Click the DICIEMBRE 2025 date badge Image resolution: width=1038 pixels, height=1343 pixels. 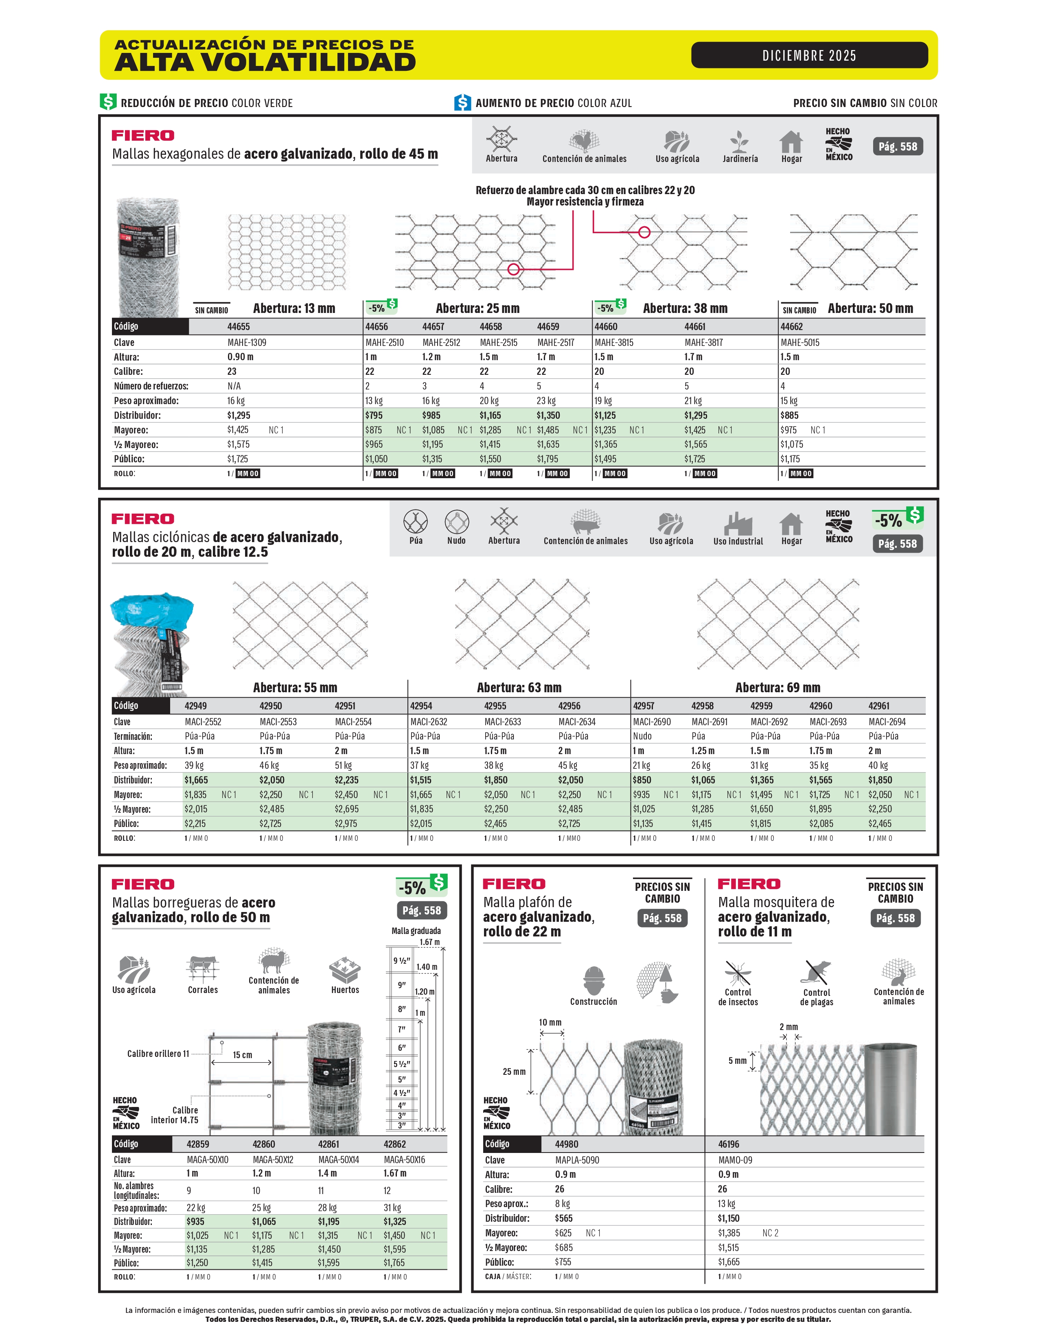(x=809, y=55)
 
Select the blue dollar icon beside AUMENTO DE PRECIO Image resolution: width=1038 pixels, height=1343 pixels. (x=462, y=102)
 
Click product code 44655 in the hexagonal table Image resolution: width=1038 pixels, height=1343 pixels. (x=239, y=326)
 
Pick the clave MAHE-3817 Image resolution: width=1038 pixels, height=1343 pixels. (x=703, y=343)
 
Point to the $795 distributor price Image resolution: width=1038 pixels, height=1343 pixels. (x=374, y=415)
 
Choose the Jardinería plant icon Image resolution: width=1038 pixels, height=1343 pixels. (x=739, y=142)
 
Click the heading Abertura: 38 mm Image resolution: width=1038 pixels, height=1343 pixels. (x=685, y=308)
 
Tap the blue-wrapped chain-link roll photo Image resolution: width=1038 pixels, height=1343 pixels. (x=151, y=643)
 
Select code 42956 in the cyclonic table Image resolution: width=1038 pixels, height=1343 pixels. (x=569, y=706)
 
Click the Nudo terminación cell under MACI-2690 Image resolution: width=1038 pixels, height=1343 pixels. (x=642, y=736)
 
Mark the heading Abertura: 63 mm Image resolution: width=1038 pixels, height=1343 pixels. (x=519, y=687)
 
